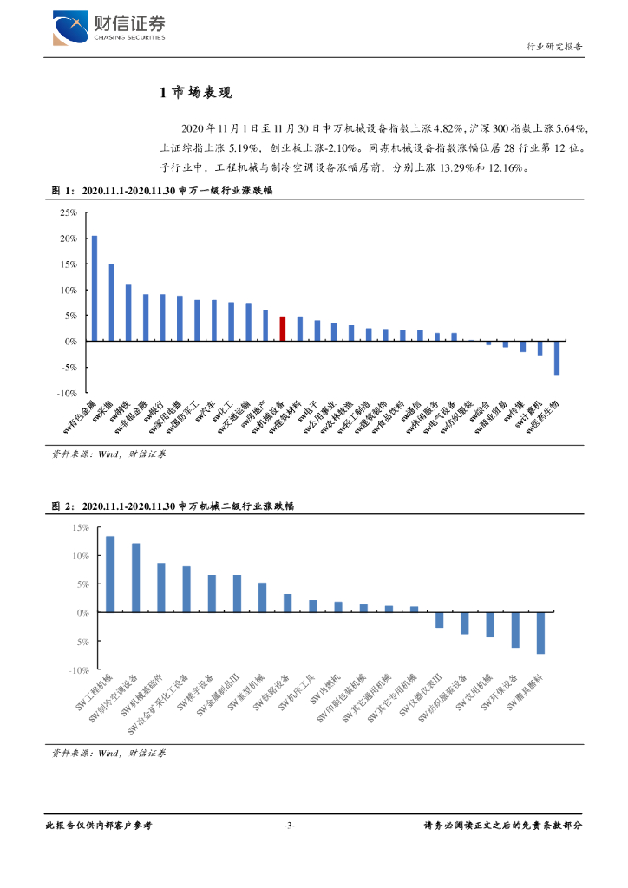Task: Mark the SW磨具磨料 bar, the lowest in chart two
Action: (x=540, y=633)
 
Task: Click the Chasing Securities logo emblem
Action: (x=70, y=28)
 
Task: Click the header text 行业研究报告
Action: (x=554, y=47)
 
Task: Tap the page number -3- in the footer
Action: (x=291, y=825)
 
